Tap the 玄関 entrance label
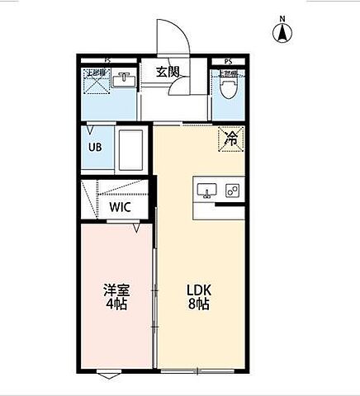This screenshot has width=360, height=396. (x=168, y=71)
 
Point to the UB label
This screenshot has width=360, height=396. (x=96, y=148)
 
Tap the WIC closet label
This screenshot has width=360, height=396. (x=121, y=207)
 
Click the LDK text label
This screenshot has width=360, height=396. (x=199, y=290)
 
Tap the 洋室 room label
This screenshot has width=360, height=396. (x=116, y=290)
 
